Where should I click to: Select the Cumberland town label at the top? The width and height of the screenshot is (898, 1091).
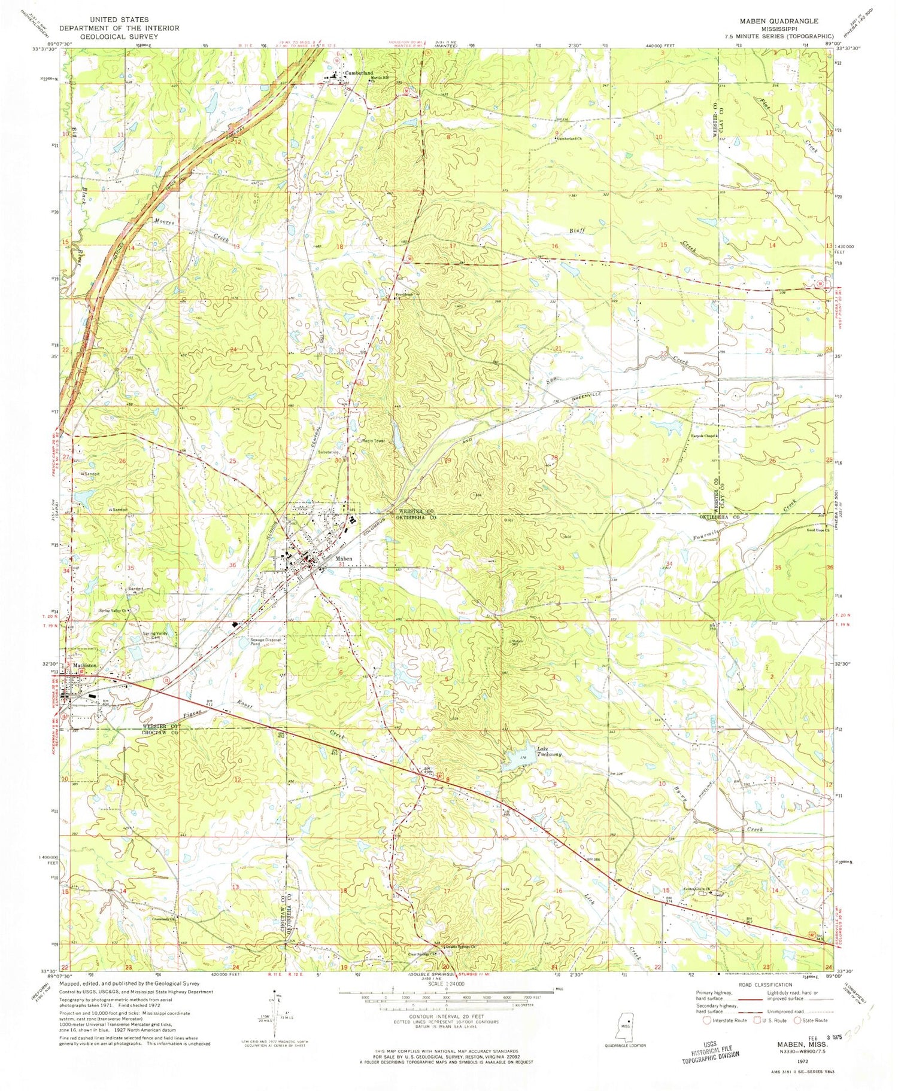pos(358,73)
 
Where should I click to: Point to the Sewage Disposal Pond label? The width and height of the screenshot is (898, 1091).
pos(266,642)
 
